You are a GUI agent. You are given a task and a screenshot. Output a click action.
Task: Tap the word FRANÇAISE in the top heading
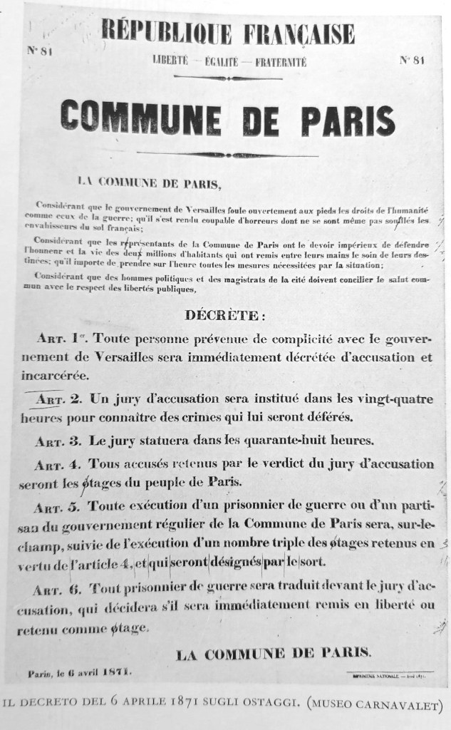pyautogui.click(x=299, y=34)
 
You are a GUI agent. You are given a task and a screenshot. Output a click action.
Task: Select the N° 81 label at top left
pyautogui.click(x=40, y=50)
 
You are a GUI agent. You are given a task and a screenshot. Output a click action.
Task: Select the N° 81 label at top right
pyautogui.click(x=413, y=59)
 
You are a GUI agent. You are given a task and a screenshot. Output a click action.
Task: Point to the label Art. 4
pyautogui.click(x=61, y=463)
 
